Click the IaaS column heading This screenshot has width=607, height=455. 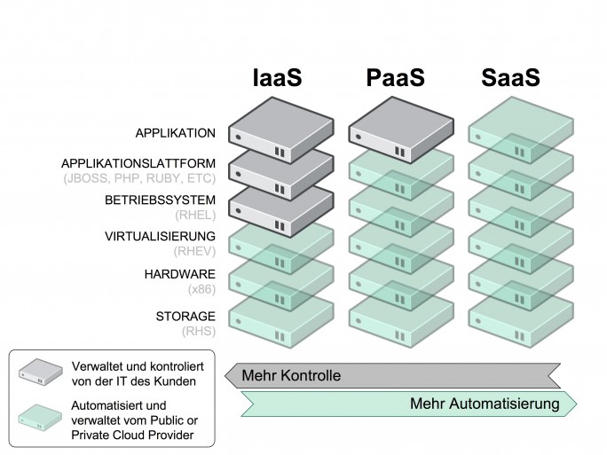click(277, 77)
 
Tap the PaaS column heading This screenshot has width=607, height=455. click(395, 77)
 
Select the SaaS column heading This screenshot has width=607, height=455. click(510, 77)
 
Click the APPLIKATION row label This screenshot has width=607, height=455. click(176, 133)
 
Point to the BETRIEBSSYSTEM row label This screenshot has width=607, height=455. click(161, 200)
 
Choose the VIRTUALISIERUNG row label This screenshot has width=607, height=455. click(161, 236)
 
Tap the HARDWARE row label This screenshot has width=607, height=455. click(180, 274)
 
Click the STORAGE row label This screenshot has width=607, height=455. click(185, 316)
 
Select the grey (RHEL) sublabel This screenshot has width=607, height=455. click(195, 215)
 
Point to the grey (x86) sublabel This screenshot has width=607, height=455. click(201, 289)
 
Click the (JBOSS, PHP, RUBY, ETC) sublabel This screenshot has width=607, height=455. click(139, 178)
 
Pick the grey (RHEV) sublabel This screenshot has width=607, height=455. click(194, 252)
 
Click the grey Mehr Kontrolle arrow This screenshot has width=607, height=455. click(392, 375)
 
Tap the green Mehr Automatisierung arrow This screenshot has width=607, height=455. click(409, 404)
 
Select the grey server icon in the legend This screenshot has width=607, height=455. click(41, 372)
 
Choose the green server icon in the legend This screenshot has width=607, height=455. click(40, 418)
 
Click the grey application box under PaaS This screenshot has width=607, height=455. click(401, 130)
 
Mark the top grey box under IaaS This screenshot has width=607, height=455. click(281, 130)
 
